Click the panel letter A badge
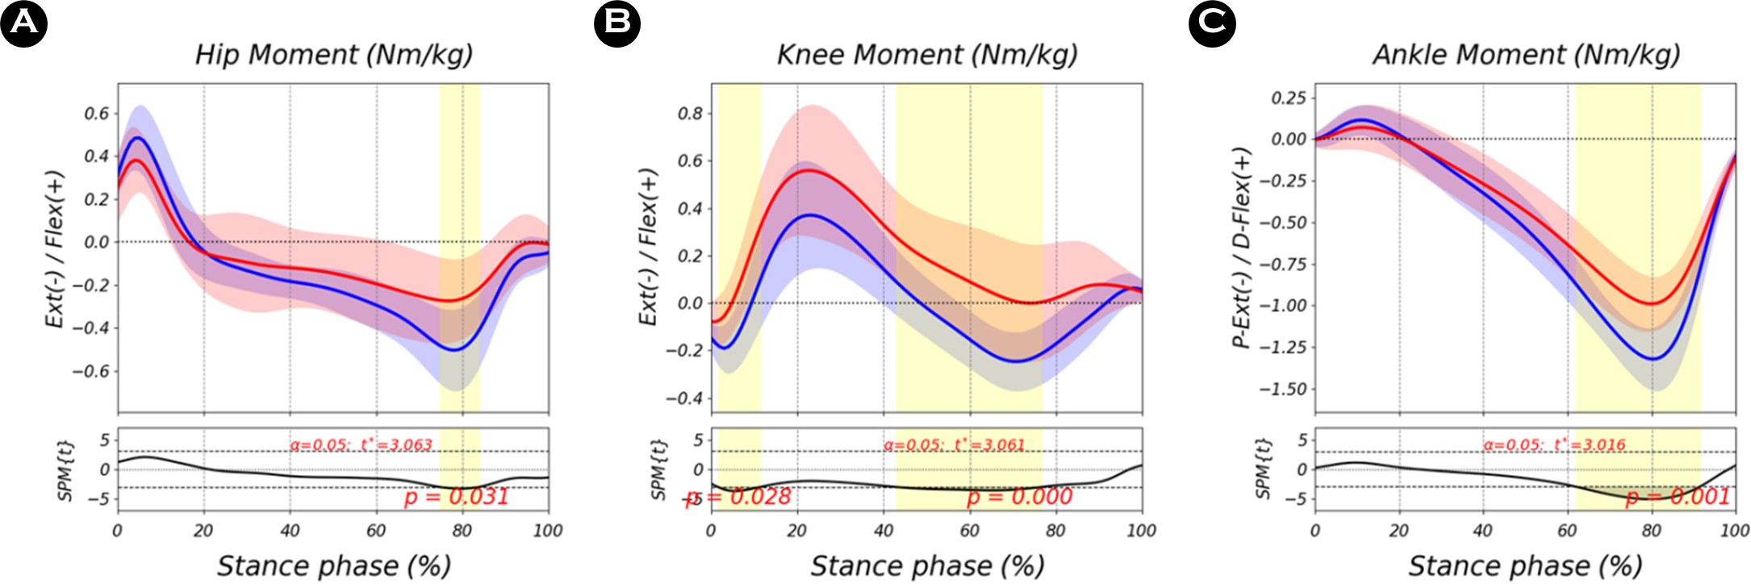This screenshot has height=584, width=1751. coord(23,23)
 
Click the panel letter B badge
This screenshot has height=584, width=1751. coord(617,23)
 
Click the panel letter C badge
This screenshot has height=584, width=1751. coord(1212,23)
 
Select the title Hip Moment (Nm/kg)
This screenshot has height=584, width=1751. coord(333,55)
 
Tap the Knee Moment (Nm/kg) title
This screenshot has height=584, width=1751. coord(926,55)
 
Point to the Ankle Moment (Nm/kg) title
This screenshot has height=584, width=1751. coord(1526,55)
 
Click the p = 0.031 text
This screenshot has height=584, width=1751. coord(457,497)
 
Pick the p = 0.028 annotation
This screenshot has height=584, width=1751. coord(738,497)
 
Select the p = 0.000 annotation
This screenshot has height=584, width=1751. coord(1020,497)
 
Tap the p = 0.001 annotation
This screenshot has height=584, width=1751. coord(1678,497)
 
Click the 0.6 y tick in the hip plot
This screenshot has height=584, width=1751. coord(96,114)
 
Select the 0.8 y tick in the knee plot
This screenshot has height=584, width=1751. coord(690,114)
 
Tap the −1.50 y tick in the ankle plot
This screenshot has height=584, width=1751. coord(1283,389)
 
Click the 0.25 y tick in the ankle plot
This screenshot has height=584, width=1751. coord(1289,98)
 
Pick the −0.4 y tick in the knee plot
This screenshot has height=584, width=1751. coord(684,398)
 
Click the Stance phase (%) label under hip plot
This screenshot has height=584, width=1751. coord(333,565)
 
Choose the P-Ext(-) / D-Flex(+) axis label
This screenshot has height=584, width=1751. coord(1243,248)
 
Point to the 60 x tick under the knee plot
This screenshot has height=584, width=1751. coord(969,531)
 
